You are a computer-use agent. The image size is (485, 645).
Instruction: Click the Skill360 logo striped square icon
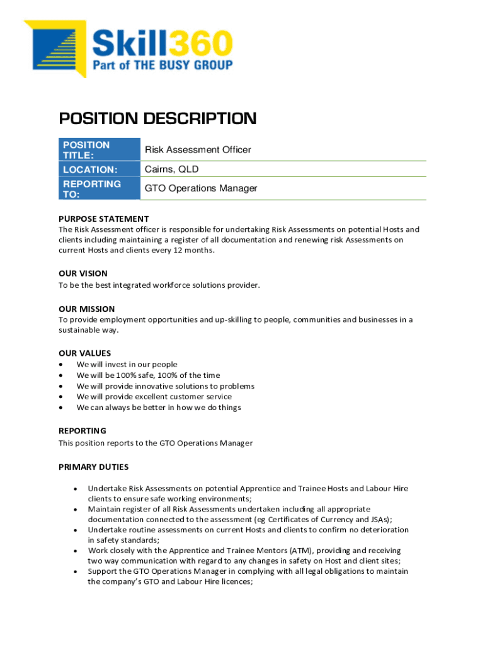pos(57,48)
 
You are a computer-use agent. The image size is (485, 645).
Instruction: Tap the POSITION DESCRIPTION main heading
pos(157,118)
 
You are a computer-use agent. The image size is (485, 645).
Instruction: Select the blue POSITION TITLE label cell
pos(100,150)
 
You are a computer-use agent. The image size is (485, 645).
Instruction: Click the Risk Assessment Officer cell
pos(198,150)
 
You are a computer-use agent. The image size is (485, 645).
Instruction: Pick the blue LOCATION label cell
pos(100,169)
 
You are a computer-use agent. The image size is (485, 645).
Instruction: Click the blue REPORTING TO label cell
pos(100,189)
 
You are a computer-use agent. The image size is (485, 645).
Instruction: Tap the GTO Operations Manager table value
pos(201,189)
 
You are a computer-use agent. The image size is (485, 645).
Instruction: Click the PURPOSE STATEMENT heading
pos(104,219)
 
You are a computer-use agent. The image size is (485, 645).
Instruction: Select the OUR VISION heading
pos(83,273)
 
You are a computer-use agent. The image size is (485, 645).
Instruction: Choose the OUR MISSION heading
pos(87,309)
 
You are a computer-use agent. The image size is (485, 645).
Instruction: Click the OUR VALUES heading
pos(84,353)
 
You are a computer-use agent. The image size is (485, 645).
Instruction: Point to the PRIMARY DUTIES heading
pos(93,467)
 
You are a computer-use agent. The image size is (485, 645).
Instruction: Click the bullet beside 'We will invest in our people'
pos(60,365)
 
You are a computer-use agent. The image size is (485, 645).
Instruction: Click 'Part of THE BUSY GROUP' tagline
pos(163,65)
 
